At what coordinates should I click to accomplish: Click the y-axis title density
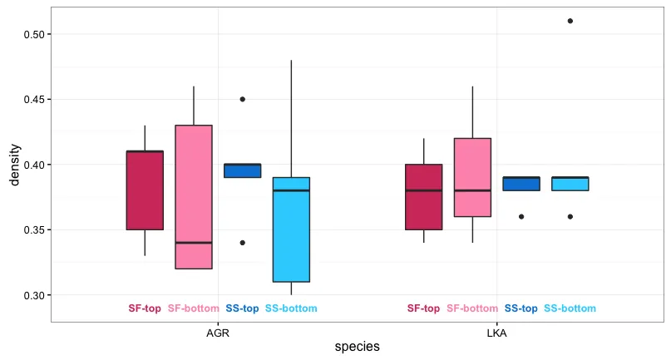[x=14, y=165]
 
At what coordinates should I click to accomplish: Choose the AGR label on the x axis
[x=218, y=333]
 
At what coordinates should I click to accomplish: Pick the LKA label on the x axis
[x=496, y=333]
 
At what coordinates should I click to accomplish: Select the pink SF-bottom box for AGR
[x=194, y=197]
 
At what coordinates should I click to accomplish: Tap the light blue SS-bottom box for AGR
[x=291, y=229]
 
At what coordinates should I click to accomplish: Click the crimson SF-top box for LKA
[x=424, y=196]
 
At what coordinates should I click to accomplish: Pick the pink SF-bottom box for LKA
[x=472, y=177]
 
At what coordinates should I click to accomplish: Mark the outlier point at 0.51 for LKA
[x=570, y=21]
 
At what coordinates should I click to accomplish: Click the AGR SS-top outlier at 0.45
[x=242, y=99]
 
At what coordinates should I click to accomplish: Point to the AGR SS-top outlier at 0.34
[x=242, y=243]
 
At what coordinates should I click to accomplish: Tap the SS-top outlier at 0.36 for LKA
[x=521, y=216]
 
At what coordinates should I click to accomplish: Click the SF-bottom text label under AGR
[x=194, y=309]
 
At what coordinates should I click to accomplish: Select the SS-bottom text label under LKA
[x=570, y=309]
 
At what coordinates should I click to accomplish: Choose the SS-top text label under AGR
[x=242, y=309]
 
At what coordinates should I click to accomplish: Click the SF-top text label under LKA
[x=423, y=309]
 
